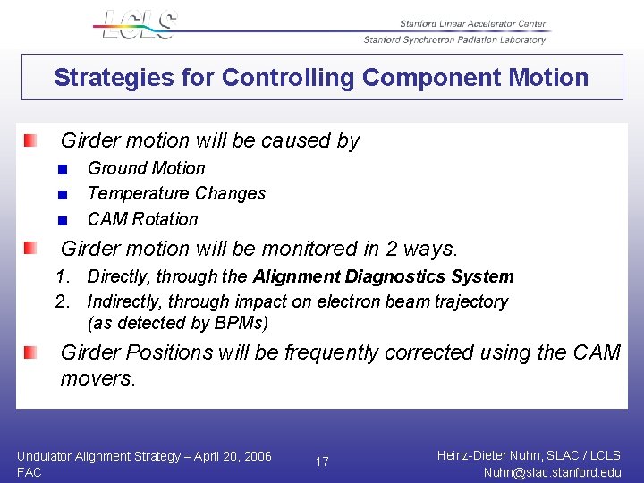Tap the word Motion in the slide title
click(x=548, y=78)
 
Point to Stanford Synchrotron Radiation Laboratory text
click(x=454, y=39)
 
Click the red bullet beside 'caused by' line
click(x=30, y=140)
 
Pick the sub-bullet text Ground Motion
click(x=146, y=168)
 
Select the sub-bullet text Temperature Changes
click(x=176, y=193)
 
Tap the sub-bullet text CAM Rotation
click(x=142, y=219)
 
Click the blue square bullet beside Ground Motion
click(x=62, y=169)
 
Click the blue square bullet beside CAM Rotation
click(x=62, y=220)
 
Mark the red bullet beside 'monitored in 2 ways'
click(x=30, y=248)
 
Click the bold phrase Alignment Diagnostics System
click(x=384, y=277)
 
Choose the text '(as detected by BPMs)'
click(x=177, y=323)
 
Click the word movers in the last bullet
click(x=97, y=378)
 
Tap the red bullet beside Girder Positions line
click(x=30, y=352)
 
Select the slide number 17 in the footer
click(x=322, y=462)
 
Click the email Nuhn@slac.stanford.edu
click(x=551, y=472)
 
